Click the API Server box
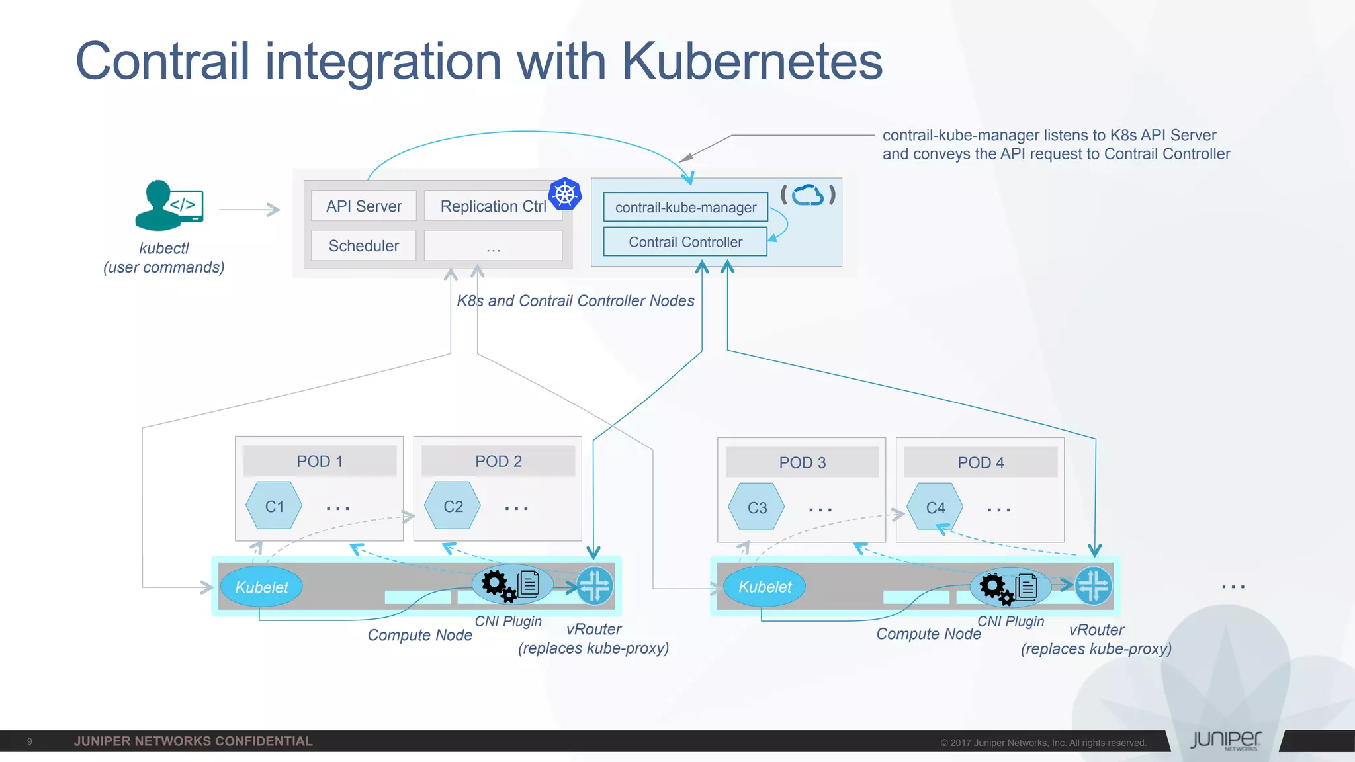[363, 206]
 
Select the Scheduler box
[363, 246]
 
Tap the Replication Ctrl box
[492, 206]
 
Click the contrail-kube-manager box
[685, 208]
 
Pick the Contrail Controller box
[685, 242]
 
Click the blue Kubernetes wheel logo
[565, 194]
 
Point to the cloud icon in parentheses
[808, 195]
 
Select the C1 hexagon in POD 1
[274, 507]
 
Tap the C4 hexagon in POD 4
[935, 508]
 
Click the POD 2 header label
[498, 461]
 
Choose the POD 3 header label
[802, 462]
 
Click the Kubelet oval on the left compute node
[261, 587]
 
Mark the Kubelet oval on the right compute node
[765, 587]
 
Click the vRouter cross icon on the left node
[595, 586]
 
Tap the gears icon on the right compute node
[995, 587]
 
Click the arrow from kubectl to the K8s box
[249, 210]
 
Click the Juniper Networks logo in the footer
[1225, 740]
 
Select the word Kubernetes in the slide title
[752, 61]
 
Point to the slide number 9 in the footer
[29, 741]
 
